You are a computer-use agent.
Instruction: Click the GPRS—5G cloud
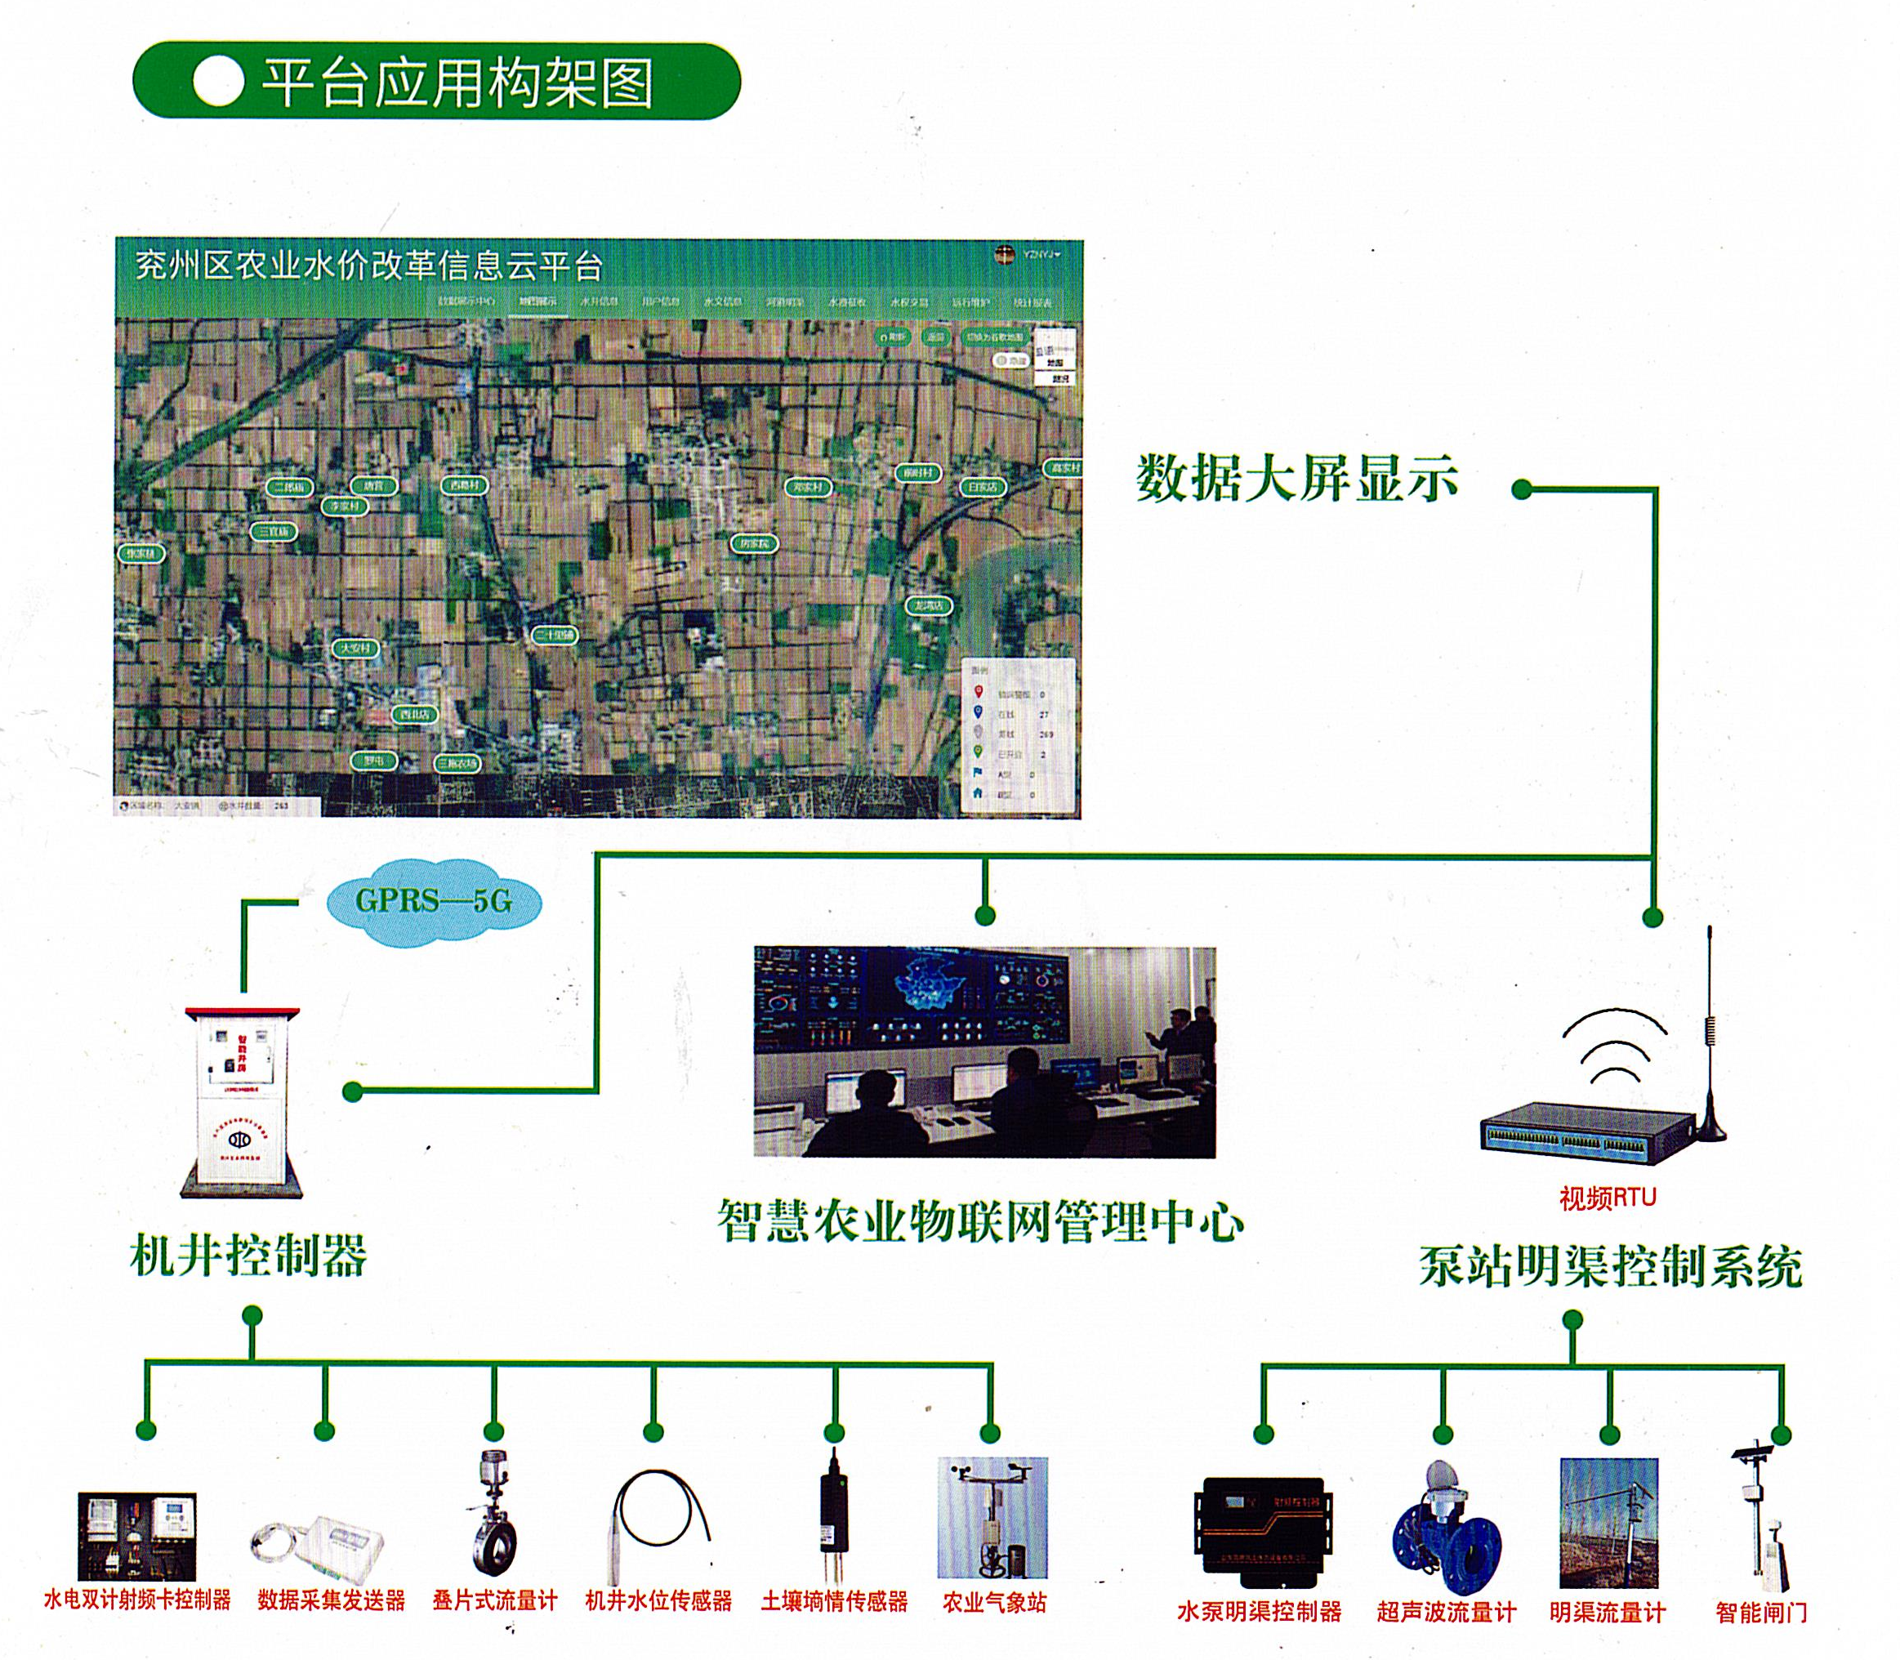click(433, 900)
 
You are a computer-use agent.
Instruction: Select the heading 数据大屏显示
click(1297, 479)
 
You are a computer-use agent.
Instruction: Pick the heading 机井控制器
click(248, 1257)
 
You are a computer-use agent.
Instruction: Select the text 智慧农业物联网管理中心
click(980, 1221)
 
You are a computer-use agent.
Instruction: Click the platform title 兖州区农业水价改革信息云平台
click(368, 266)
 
